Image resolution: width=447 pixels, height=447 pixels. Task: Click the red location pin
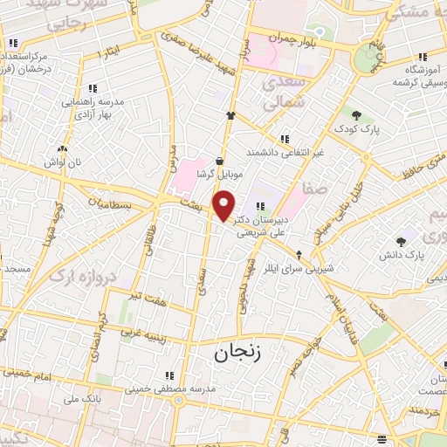(225, 205)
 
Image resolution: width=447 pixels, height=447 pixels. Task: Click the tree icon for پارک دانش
(402, 242)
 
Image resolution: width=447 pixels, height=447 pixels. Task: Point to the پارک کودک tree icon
(356, 114)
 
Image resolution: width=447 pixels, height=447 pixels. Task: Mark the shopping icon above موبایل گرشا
(218, 161)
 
